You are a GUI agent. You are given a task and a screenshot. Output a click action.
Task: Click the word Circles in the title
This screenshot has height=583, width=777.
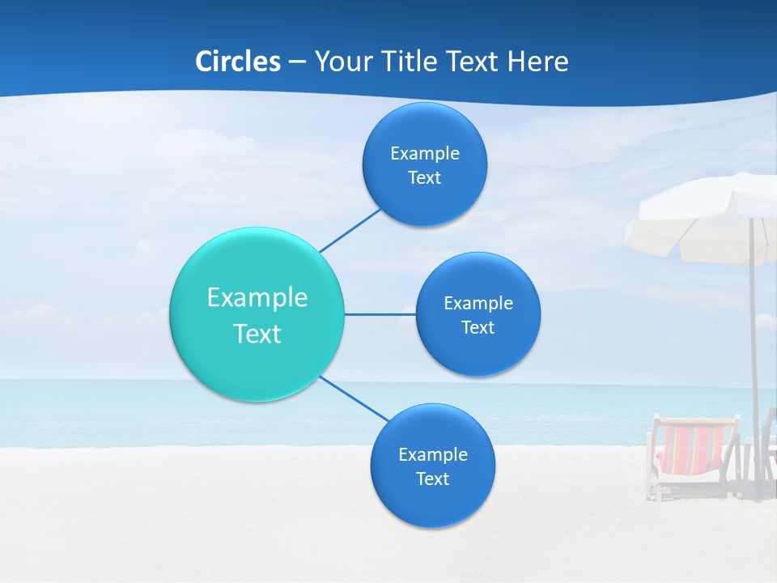click(237, 61)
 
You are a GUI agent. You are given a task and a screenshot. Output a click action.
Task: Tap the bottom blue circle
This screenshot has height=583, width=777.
click(432, 506)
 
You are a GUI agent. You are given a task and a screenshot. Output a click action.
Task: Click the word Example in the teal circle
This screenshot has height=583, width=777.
click(257, 297)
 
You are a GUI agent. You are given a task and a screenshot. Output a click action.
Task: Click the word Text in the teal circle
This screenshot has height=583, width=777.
click(257, 334)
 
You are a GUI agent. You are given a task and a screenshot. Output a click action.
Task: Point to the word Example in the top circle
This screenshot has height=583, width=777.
click(425, 153)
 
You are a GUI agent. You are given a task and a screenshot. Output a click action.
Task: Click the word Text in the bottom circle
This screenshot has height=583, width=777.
click(432, 479)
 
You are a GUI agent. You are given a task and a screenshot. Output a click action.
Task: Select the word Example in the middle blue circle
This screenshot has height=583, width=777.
click(478, 303)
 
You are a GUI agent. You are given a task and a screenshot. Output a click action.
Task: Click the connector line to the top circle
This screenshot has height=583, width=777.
click(350, 230)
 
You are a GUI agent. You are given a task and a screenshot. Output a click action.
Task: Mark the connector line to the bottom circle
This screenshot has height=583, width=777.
click(355, 398)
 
